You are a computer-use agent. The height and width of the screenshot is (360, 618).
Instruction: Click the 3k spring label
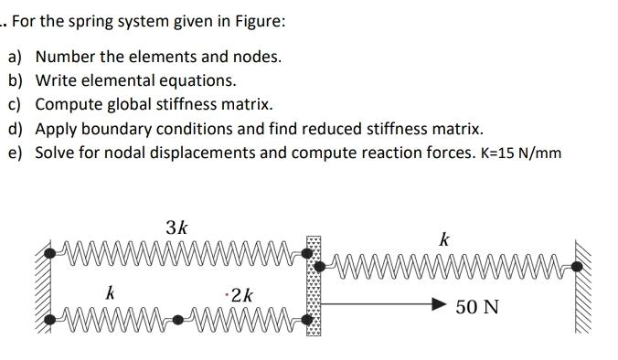click(177, 228)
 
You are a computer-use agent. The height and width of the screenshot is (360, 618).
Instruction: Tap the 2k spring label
click(243, 294)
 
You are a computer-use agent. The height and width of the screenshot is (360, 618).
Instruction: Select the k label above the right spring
click(444, 240)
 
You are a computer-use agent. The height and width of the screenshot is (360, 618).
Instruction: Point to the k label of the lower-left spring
click(110, 293)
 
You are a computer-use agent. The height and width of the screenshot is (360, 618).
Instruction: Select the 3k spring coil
click(174, 249)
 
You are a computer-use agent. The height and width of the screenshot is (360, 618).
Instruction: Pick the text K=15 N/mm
click(519, 153)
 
